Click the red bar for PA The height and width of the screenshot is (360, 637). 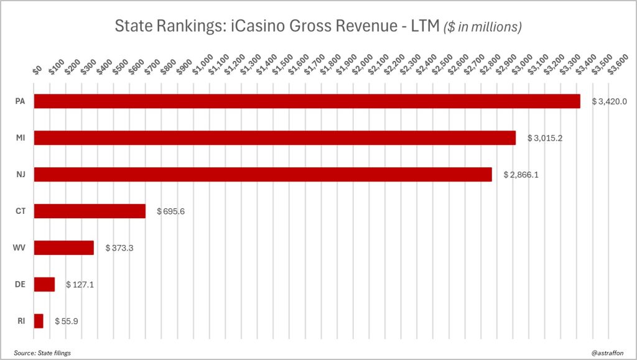click(x=307, y=101)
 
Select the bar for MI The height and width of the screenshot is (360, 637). click(x=274, y=138)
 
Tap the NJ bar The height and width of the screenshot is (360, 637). click(x=263, y=175)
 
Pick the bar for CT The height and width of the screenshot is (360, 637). click(x=90, y=211)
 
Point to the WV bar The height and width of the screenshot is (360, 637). click(x=63, y=248)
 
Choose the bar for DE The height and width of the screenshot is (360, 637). click(x=44, y=285)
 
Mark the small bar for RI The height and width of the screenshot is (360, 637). click(x=39, y=321)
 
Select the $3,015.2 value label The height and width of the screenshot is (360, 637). click(x=545, y=138)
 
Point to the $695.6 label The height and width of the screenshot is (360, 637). click(x=170, y=211)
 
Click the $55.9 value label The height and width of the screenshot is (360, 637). click(x=67, y=321)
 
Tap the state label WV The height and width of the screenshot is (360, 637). click(x=20, y=248)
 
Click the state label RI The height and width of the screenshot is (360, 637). click(x=20, y=321)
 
